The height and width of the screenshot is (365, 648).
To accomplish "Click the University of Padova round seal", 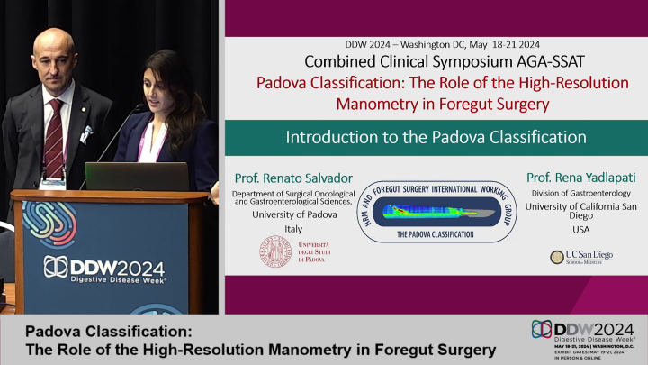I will (x=276, y=251).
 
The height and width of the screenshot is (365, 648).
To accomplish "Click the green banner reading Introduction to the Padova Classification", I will (x=436, y=138).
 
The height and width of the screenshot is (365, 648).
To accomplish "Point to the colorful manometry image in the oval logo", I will (x=430, y=212).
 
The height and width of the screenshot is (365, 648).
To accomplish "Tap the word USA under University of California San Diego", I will (x=580, y=229).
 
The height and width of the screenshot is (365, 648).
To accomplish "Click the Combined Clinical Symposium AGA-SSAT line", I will (x=436, y=62).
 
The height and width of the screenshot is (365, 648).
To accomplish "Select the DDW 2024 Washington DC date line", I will (x=436, y=44).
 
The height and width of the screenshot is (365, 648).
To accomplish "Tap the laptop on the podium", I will (x=136, y=176).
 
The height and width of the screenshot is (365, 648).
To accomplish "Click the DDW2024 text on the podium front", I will (x=104, y=268).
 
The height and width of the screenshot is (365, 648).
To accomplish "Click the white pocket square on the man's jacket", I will (x=86, y=134).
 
